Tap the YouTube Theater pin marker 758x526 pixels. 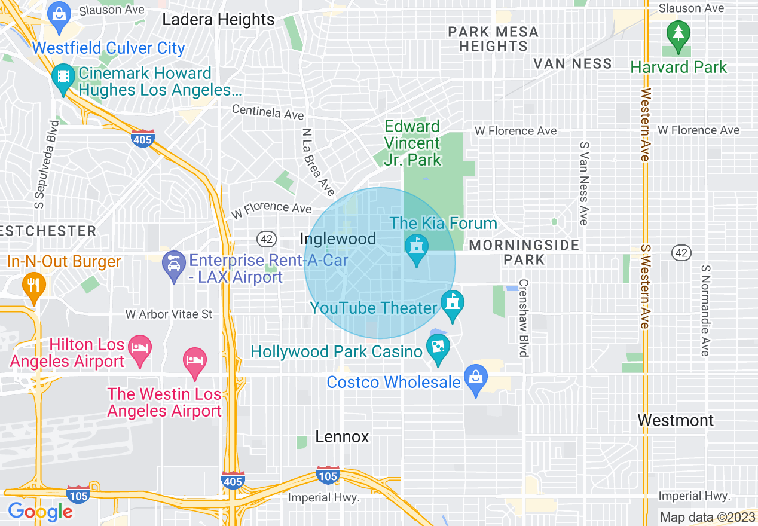(x=453, y=304)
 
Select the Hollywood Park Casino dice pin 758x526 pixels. (x=438, y=348)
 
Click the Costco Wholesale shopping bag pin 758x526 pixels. (x=476, y=379)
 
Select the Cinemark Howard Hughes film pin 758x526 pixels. (x=63, y=78)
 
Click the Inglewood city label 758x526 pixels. (x=338, y=239)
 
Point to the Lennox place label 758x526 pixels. (x=342, y=437)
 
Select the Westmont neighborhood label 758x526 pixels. (x=676, y=420)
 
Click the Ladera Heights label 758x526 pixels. (x=219, y=20)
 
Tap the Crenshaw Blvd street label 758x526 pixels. (x=524, y=318)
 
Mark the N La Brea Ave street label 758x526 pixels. (x=318, y=162)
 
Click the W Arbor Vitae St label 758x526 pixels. (x=169, y=314)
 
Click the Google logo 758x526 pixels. (x=40, y=512)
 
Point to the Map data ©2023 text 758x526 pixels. (x=707, y=517)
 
